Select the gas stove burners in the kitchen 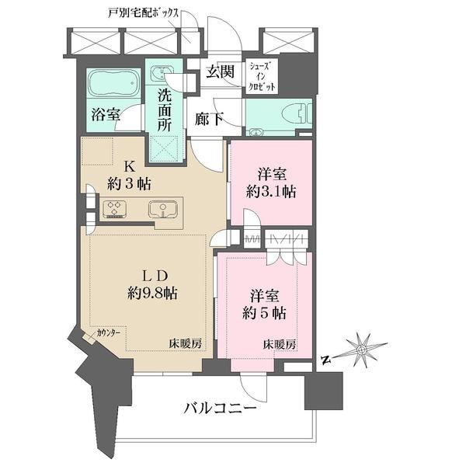point(115,209)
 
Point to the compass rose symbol point(361,350)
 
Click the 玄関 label point(221,71)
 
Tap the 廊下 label point(209,120)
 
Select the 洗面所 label point(165,110)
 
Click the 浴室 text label point(106,115)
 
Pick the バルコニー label point(220,408)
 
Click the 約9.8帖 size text point(152,294)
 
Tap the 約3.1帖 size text point(271,192)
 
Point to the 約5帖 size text point(264,313)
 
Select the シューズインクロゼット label point(262,76)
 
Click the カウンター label point(108,332)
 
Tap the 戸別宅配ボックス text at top point(143,13)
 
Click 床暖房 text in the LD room point(185,344)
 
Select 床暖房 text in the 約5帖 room point(280,344)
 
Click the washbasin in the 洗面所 point(162,72)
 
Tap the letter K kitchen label point(130,167)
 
